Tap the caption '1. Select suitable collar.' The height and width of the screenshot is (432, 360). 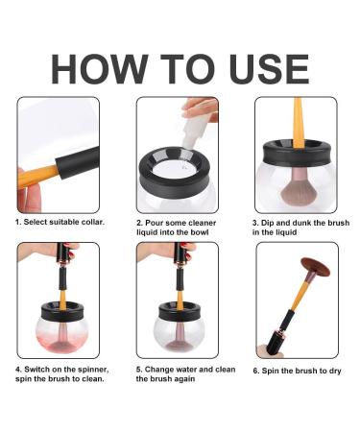pyautogui.click(x=60, y=222)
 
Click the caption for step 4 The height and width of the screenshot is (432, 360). pyautogui.click(x=60, y=372)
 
